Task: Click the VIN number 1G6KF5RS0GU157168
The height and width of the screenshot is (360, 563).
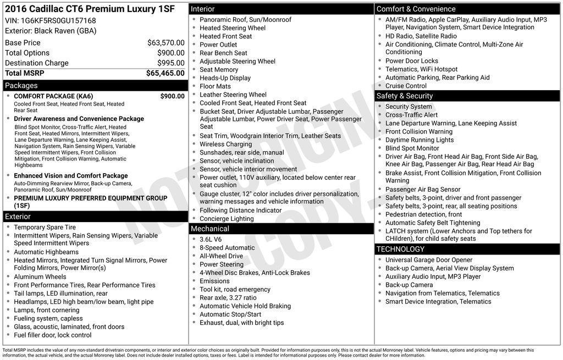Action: coord(58,21)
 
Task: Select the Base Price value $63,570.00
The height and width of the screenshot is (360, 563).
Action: coord(165,43)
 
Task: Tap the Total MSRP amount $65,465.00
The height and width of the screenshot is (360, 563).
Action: coord(165,73)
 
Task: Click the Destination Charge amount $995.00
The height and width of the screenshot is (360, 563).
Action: coord(170,63)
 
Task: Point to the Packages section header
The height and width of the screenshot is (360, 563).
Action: coord(21,86)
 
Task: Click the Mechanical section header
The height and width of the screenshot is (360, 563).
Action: coord(209,229)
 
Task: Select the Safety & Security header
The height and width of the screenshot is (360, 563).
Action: coord(404,96)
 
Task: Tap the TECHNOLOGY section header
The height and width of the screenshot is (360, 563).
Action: coord(400,250)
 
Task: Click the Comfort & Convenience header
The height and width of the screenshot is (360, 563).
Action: coord(416,9)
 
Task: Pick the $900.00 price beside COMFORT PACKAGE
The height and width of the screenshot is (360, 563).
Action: coord(172,96)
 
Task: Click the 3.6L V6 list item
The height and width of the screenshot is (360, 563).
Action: coord(211,240)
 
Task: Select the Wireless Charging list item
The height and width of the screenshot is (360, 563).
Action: coord(225,145)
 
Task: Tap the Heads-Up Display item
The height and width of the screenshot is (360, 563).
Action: coord(225,78)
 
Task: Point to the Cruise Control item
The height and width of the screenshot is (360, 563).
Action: coord(406,86)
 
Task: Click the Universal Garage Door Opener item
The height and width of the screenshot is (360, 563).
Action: coord(429,260)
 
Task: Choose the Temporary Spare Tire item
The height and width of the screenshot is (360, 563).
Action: coord(45,228)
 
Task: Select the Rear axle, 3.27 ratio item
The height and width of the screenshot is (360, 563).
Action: coord(228,298)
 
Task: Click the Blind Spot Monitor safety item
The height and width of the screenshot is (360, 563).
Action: coord(412,148)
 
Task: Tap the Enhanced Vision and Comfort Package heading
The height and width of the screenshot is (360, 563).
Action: coord(71,176)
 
